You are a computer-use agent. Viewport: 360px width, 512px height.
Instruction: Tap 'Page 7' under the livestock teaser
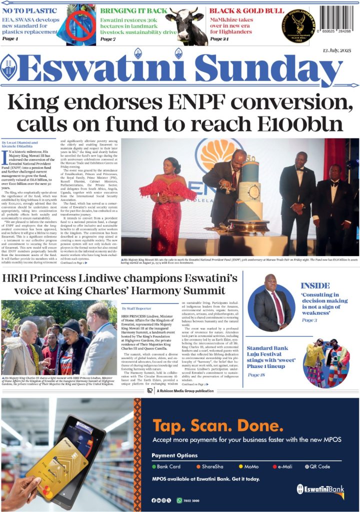pyautogui.click(x=107, y=39)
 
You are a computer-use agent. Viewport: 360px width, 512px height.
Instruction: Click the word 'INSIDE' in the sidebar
pyautogui.click(x=315, y=285)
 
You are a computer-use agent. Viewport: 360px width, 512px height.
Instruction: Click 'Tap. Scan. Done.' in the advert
pyautogui.click(x=215, y=425)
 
